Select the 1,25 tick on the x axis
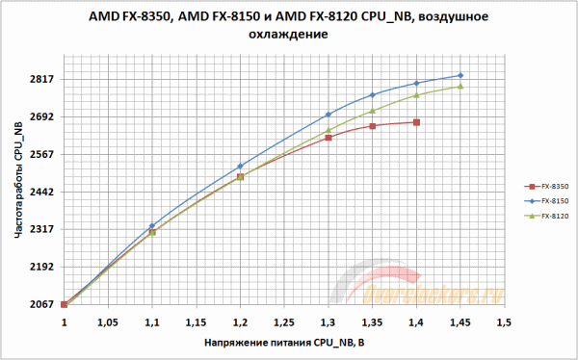pyautogui.click(x=283, y=322)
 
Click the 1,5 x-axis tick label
pyautogui.click(x=503, y=322)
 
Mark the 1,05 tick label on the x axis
pyautogui.click(x=108, y=322)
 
